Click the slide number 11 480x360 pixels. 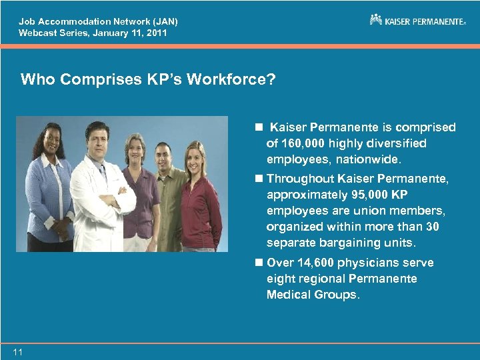(17, 352)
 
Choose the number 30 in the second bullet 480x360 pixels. (432, 227)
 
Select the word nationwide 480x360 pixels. (368, 159)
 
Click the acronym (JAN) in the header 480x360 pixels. (163, 21)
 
